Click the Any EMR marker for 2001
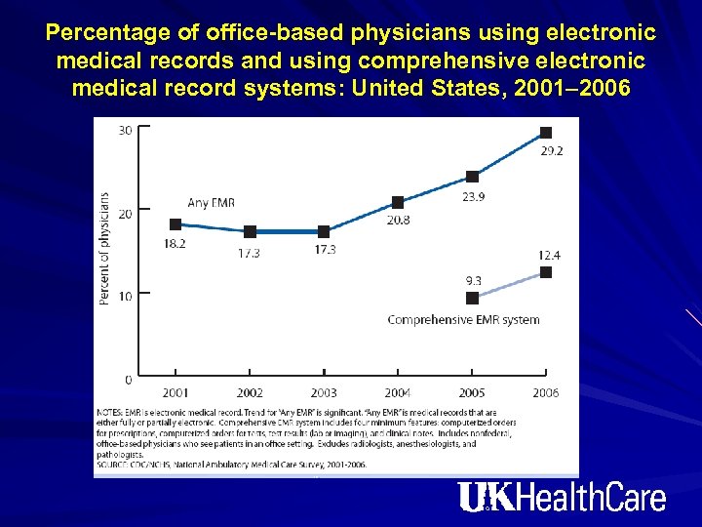(x=175, y=224)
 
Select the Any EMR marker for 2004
(x=398, y=202)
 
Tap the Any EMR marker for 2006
(x=546, y=132)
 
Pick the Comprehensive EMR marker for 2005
(x=472, y=298)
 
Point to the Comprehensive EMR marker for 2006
(x=546, y=272)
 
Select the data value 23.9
(x=474, y=196)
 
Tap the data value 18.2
(x=175, y=244)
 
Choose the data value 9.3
(x=473, y=281)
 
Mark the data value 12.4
(x=549, y=255)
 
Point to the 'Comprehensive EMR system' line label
(x=463, y=319)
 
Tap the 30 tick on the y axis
(x=126, y=130)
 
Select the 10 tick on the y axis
(x=126, y=295)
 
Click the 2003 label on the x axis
(x=324, y=392)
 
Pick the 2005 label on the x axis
(x=472, y=392)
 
